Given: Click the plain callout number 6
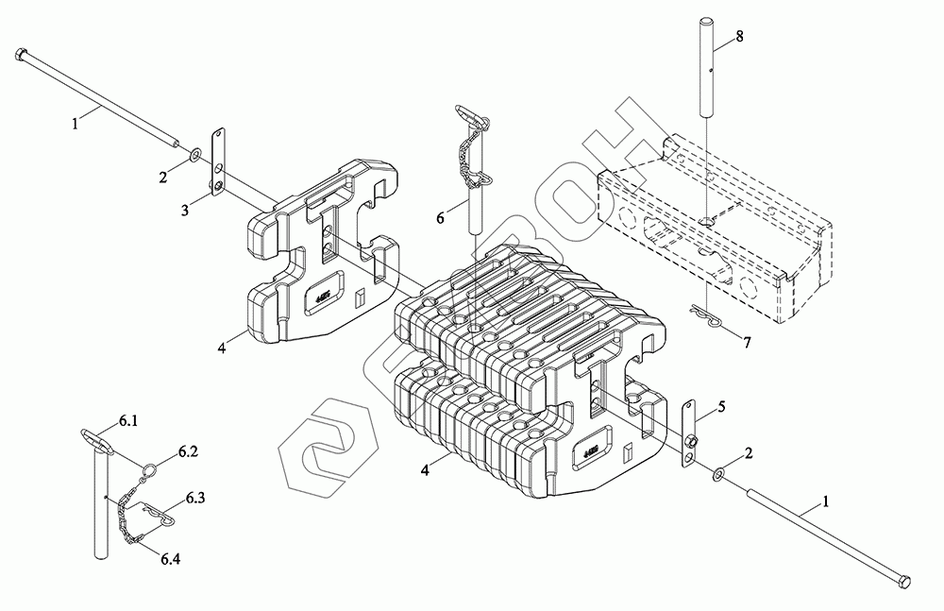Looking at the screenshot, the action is pyautogui.click(x=440, y=217).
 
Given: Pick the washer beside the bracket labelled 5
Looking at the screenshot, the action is pyautogui.click(x=720, y=471).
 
